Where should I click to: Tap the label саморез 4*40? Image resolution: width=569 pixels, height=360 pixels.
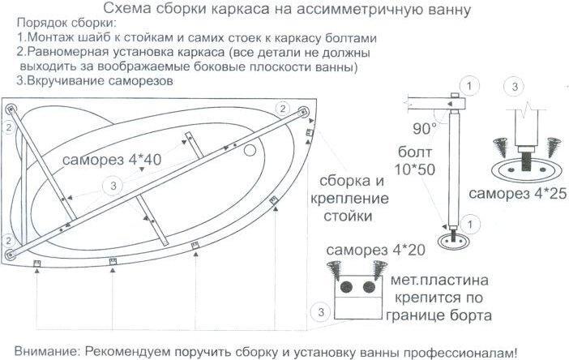pyautogui.click(x=112, y=159)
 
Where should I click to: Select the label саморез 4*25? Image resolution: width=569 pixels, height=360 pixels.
pyautogui.click(x=517, y=194)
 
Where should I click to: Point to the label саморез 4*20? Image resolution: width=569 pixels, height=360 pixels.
pyautogui.click(x=375, y=250)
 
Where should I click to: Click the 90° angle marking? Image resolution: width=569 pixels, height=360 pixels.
pyautogui.click(x=425, y=128)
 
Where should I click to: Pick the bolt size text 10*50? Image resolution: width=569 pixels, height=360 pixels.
pyautogui.click(x=414, y=169)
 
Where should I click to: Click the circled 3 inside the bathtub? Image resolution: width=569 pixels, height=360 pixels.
pyautogui.click(x=113, y=186)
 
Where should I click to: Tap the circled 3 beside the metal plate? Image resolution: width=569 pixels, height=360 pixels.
pyautogui.click(x=321, y=312)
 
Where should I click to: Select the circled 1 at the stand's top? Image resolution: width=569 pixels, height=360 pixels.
pyautogui.click(x=469, y=87)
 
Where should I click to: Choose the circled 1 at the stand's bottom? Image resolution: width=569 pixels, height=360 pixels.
pyautogui.click(x=470, y=225)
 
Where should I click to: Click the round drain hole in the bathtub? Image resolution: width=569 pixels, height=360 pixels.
pyautogui.click(x=250, y=150)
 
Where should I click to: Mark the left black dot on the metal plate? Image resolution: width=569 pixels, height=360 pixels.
pyautogui.click(x=346, y=287)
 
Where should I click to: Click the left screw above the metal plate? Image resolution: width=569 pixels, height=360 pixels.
pyautogui.click(x=335, y=270)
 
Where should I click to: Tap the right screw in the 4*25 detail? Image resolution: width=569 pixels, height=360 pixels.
pyautogui.click(x=554, y=147)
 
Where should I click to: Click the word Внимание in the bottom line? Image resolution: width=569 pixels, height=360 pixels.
pyautogui.click(x=45, y=352)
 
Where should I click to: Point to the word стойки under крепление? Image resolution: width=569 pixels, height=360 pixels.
pyautogui.click(x=348, y=216)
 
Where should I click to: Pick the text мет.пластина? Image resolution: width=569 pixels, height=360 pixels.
pyautogui.click(x=439, y=280)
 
